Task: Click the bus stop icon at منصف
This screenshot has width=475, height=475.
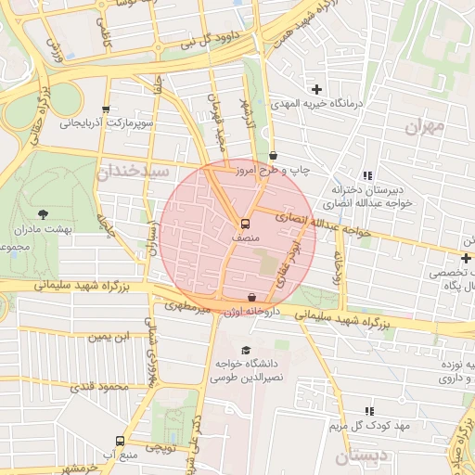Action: (245, 224)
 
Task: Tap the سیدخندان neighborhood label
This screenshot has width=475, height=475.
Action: (135, 173)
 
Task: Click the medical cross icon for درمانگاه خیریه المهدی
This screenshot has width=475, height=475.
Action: (317, 89)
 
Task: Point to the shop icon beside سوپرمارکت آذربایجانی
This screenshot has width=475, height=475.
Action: (107, 109)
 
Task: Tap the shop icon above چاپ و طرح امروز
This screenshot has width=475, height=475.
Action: (273, 156)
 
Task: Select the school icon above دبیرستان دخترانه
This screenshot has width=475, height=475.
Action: (367, 174)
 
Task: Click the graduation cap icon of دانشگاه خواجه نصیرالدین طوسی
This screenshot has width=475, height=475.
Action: (246, 350)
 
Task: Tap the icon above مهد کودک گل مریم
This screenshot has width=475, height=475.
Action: (369, 410)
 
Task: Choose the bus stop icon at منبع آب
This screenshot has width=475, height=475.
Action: (120, 441)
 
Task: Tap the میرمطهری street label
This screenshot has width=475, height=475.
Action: (188, 305)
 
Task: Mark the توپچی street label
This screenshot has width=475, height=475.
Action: (160, 447)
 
